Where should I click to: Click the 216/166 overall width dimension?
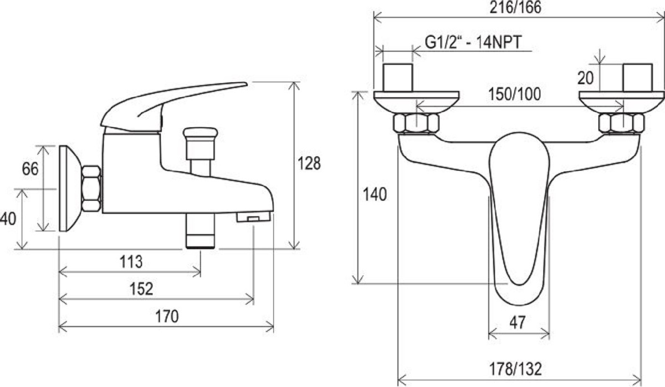515,7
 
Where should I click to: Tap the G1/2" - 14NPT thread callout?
473,42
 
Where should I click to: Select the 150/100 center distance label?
514,94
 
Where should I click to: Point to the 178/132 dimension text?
515,369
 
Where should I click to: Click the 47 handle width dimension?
518,323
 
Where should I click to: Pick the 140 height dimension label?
375,195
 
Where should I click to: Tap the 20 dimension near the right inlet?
585,78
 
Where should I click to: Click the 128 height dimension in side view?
309,163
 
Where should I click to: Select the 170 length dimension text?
167,316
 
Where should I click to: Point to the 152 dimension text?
141,289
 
